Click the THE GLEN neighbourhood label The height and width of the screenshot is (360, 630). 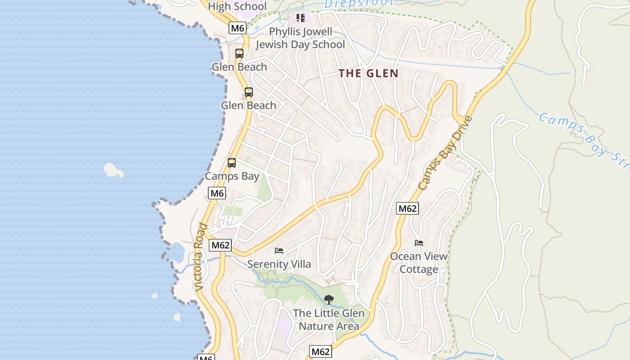(369, 73)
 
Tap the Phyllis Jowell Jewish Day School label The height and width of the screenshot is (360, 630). (300, 38)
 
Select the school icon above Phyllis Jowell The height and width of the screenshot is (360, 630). (300, 18)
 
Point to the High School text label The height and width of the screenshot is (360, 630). (237, 6)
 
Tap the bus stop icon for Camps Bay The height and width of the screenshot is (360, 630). (232, 163)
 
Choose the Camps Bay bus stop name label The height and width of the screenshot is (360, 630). (232, 176)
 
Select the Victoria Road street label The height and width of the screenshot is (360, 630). (201, 256)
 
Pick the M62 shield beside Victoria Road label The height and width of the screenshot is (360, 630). (220, 245)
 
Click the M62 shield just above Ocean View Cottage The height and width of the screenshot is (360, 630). (407, 208)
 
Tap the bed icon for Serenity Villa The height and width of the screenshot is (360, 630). (279, 251)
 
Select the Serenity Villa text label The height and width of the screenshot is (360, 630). (279, 264)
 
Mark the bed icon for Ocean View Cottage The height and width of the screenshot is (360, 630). (419, 243)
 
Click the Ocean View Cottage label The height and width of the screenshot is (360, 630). (419, 263)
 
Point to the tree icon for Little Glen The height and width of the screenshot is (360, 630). (329, 299)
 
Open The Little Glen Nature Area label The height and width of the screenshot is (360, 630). (329, 319)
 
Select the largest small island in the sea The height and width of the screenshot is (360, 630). (113, 170)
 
